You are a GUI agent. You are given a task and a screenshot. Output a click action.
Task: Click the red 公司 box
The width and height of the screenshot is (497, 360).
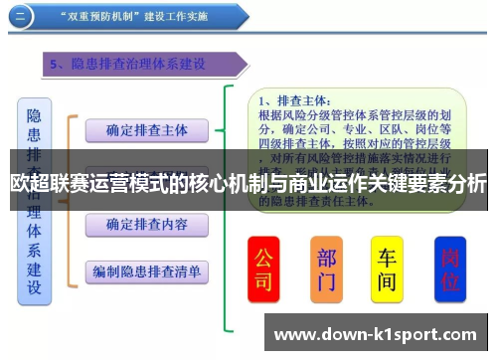click(262, 269)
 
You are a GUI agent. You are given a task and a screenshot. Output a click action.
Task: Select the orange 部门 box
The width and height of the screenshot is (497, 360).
click(327, 269)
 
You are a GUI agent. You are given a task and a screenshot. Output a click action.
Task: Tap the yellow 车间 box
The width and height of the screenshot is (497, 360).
click(387, 269)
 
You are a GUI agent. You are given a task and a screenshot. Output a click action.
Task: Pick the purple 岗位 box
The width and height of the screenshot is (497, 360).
click(449, 269)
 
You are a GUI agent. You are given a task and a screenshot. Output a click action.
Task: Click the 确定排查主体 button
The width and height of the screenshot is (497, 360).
click(147, 130)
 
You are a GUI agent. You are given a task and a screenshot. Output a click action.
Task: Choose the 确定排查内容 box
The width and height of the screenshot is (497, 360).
click(147, 225)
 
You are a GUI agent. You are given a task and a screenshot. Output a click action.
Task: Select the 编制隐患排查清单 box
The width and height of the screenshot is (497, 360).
click(147, 270)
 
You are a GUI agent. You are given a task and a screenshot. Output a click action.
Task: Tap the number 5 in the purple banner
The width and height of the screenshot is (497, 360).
click(56, 65)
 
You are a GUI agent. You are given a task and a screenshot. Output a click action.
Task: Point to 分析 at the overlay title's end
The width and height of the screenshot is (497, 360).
click(466, 184)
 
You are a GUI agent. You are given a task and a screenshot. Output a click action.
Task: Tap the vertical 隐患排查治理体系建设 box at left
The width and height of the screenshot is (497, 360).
click(35, 199)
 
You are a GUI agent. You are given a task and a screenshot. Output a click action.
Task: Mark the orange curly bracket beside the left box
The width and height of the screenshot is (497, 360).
click(70, 199)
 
